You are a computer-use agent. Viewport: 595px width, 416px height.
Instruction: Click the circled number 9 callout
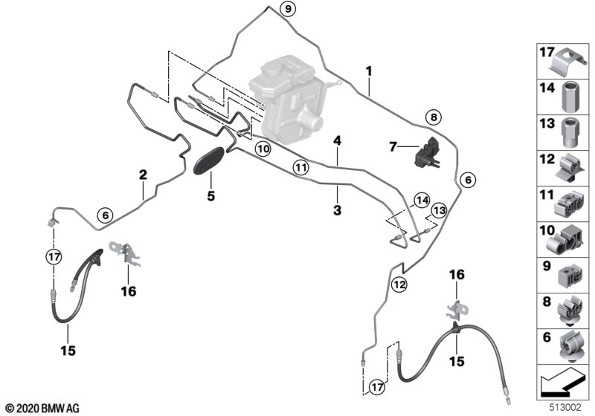(288, 8)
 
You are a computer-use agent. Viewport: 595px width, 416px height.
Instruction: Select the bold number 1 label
(369, 71)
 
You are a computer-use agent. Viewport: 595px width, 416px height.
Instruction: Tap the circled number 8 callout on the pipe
(434, 117)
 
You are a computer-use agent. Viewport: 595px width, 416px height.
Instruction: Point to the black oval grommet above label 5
(209, 160)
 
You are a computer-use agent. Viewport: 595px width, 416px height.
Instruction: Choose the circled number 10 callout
(263, 149)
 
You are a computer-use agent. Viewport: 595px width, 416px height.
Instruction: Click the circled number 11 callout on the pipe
(301, 167)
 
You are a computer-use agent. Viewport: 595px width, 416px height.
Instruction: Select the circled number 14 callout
(422, 201)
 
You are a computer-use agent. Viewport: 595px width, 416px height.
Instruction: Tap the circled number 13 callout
(439, 210)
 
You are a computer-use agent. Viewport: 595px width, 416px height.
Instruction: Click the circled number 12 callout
(399, 284)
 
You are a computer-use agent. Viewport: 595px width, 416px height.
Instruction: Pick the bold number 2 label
(143, 175)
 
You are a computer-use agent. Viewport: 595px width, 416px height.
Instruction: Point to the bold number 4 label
(337, 141)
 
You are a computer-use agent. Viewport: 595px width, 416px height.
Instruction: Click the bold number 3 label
(338, 210)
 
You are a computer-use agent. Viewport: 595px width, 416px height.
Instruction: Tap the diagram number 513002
(565, 408)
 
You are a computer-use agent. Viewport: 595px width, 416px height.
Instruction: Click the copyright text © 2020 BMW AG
(43, 409)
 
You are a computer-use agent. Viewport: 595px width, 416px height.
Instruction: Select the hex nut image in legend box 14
(570, 97)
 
